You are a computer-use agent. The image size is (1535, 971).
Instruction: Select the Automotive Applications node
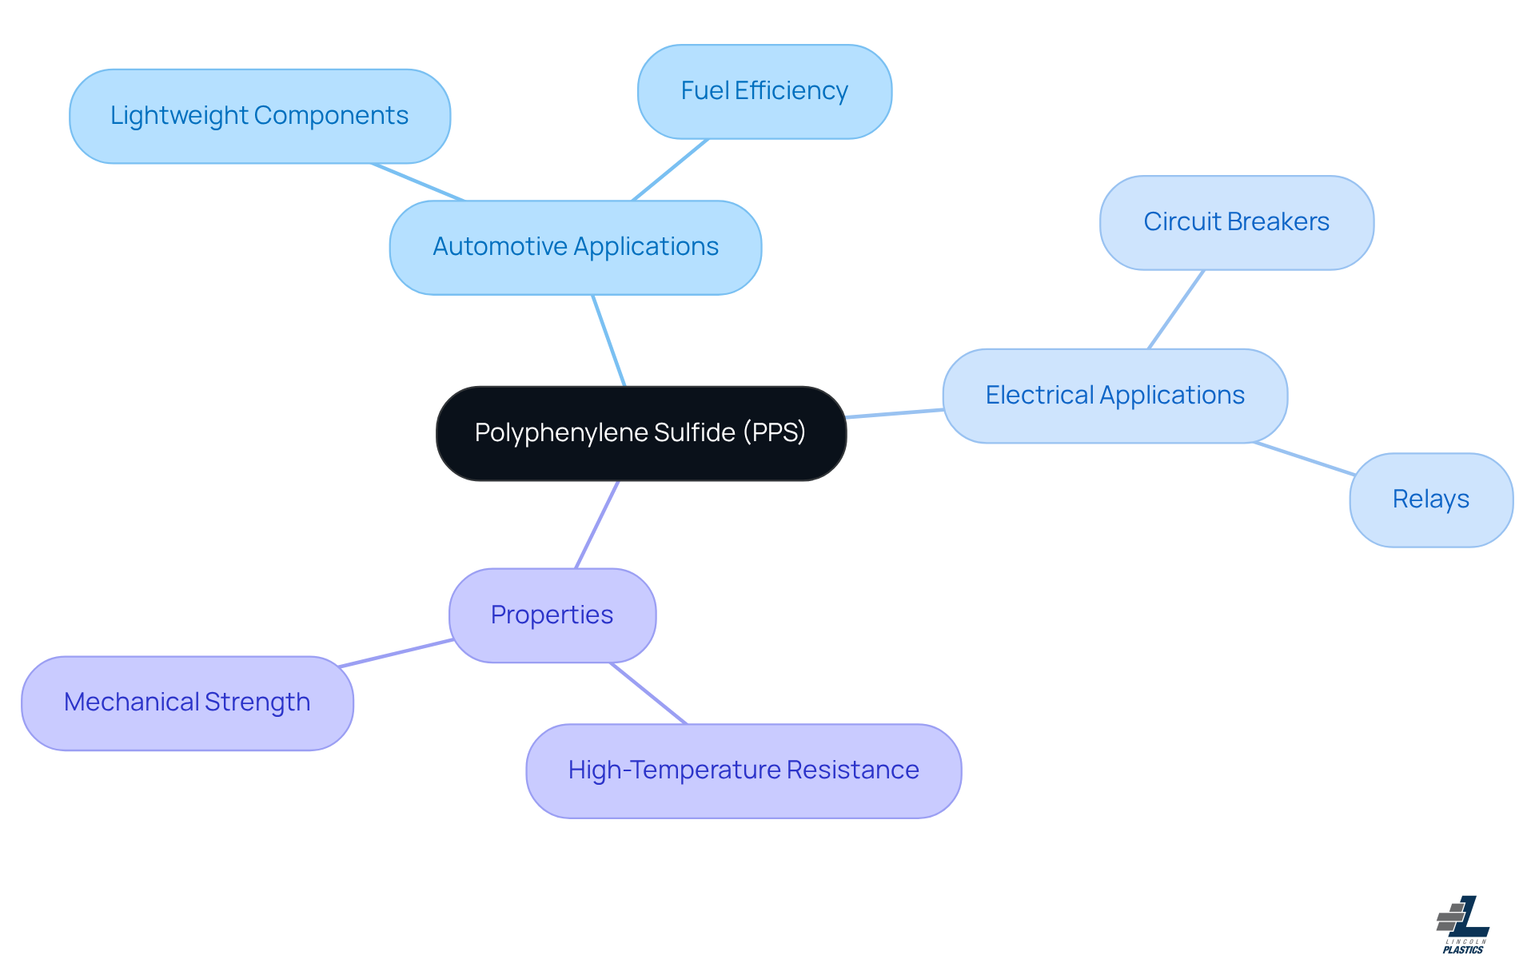(575, 247)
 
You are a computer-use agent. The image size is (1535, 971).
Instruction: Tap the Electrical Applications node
(1114, 396)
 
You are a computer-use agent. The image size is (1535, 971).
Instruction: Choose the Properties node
(552, 615)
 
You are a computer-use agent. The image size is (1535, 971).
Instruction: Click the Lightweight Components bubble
(259, 116)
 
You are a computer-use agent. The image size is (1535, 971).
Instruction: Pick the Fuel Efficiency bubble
(764, 91)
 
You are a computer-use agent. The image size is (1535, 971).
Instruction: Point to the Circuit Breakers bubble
(1236, 222)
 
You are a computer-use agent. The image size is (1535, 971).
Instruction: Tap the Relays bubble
(1430, 499)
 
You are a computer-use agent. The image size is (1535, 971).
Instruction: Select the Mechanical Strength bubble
(187, 702)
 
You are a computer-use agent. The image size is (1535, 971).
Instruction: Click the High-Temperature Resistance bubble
(743, 770)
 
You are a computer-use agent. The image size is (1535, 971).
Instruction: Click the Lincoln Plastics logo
(1463, 925)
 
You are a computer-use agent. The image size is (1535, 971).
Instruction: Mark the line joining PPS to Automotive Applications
(608, 340)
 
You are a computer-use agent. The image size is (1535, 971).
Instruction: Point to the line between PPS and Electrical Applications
(895, 413)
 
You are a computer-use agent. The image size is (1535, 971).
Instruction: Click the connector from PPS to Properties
(597, 524)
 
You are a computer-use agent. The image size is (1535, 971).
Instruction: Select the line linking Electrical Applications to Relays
(1304, 459)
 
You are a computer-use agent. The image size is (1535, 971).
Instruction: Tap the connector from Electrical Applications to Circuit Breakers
(1176, 309)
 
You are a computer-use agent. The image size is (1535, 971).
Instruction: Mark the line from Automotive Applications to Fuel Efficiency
(670, 169)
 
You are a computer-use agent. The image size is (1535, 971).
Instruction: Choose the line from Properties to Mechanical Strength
(396, 653)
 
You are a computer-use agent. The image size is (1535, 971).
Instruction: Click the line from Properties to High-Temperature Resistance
(648, 693)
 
